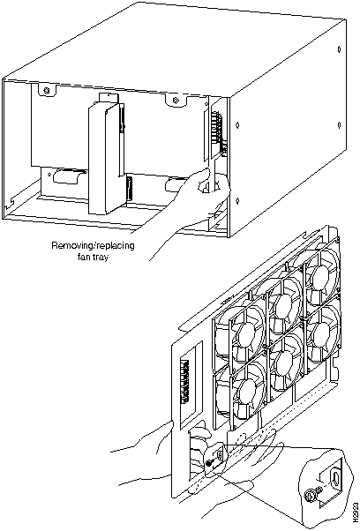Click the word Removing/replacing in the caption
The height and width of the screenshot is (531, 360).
(x=93, y=245)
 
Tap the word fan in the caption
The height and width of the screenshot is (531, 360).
(x=83, y=257)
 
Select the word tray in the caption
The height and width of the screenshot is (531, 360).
(x=101, y=258)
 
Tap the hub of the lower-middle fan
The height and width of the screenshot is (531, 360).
(x=284, y=361)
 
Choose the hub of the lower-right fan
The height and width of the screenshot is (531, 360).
(x=320, y=334)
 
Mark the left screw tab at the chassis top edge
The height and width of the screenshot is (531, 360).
(x=46, y=90)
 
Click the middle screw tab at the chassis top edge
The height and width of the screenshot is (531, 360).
(x=175, y=100)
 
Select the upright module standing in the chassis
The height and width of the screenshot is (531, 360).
(x=106, y=156)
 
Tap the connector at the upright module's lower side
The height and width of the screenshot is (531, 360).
(x=130, y=189)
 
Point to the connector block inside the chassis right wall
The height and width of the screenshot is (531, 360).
(x=218, y=133)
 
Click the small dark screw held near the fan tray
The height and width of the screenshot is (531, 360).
(x=209, y=465)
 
